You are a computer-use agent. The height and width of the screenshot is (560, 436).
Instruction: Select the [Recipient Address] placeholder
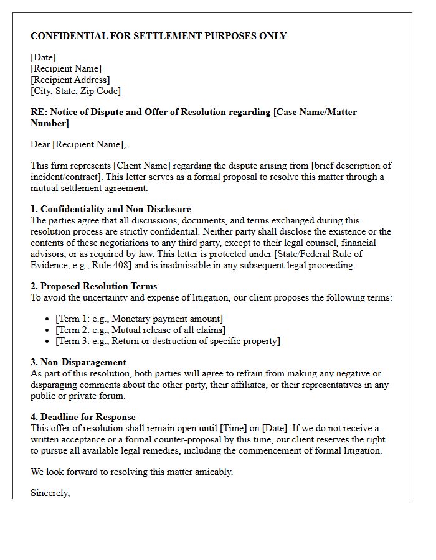[70, 80]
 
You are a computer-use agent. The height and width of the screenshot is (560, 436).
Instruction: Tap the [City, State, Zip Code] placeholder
[75, 91]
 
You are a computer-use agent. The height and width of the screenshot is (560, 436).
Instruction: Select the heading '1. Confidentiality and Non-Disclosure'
[111, 209]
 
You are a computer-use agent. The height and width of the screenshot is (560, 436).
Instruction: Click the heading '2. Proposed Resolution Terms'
[93, 286]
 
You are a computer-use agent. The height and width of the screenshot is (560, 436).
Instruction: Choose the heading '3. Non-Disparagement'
[78, 362]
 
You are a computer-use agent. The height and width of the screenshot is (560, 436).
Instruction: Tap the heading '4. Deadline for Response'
[83, 417]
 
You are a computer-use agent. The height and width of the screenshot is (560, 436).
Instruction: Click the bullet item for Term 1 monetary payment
[139, 319]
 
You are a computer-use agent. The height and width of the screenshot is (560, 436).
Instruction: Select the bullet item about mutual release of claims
[140, 330]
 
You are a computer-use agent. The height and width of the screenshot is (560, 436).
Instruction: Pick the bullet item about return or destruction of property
[168, 341]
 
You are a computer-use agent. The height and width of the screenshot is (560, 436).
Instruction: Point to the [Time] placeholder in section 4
[229, 428]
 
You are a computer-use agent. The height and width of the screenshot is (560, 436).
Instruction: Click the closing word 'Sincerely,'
[50, 493]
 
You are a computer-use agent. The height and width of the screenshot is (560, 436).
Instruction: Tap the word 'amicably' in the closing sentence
[213, 472]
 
